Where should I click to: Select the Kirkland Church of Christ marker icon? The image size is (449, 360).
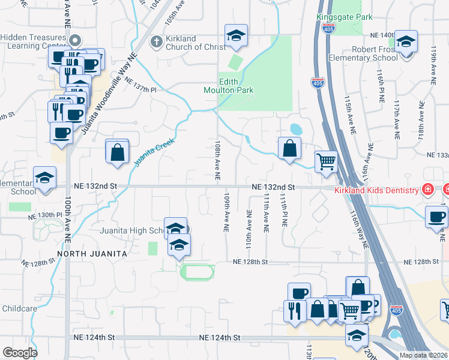155,42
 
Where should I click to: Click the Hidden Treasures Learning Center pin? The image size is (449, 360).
74,41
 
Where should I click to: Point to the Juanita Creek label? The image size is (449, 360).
154,152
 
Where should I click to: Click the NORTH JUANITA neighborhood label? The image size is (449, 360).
94,254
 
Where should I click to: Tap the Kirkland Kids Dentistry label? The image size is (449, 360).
377,190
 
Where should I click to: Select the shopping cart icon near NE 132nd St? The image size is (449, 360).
326,161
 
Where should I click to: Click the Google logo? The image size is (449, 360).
19,352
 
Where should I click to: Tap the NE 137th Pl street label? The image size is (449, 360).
140,88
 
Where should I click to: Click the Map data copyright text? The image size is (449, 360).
424,355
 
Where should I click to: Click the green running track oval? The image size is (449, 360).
197,272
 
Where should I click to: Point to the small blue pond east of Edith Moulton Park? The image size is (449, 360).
295,129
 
